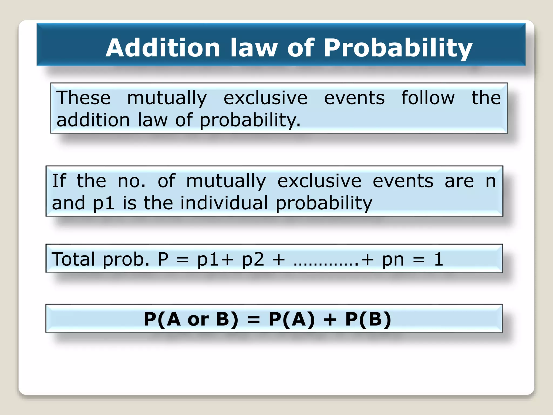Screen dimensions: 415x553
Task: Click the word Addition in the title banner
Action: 163,48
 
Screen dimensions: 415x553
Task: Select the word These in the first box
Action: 83,98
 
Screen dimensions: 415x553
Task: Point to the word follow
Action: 428,98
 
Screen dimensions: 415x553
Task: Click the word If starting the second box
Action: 59,181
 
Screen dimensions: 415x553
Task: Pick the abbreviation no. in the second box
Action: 131,181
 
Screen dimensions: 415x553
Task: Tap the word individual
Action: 224,203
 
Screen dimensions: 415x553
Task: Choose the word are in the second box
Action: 459,181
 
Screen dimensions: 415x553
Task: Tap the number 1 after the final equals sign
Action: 439,259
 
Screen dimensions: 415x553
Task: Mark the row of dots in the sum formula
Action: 326,263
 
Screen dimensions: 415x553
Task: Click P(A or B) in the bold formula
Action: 191,319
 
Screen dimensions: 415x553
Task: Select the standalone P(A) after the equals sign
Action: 292,319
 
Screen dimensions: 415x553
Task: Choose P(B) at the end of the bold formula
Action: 368,319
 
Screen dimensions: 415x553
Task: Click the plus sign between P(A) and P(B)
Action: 330,320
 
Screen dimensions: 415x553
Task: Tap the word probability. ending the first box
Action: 250,120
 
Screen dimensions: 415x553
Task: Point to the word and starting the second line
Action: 69,203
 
